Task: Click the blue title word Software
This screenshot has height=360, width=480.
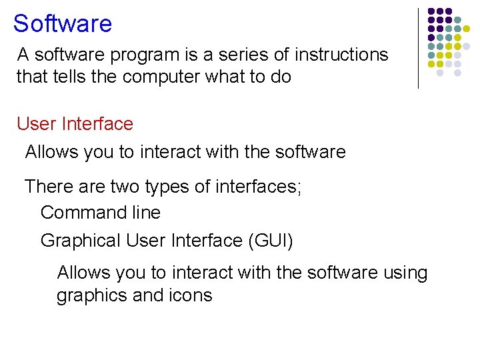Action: pos(63,24)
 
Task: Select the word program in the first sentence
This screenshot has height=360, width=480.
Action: pos(149,55)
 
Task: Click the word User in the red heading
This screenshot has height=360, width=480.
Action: pos(37,124)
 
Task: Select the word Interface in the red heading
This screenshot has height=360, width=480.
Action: pos(97,124)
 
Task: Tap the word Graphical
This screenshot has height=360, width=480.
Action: pos(81,240)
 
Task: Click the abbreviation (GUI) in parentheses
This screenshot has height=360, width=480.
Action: pos(270,240)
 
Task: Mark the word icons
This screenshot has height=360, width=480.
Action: pos(193,295)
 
